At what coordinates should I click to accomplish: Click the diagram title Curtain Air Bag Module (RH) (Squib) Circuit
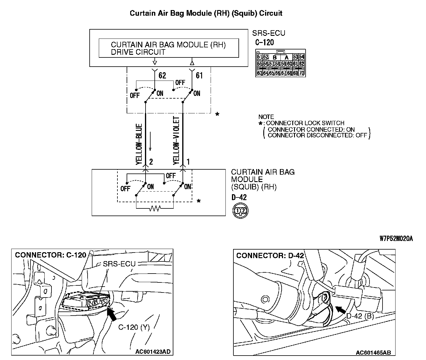click(x=206, y=13)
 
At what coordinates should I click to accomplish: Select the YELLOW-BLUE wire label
click(x=139, y=144)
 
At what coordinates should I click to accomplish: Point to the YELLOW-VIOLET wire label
click(x=176, y=140)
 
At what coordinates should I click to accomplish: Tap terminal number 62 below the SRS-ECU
click(x=162, y=75)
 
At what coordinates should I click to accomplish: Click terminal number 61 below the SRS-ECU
click(x=199, y=75)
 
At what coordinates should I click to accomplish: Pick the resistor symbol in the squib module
click(x=155, y=209)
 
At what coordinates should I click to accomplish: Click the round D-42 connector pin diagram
click(x=240, y=211)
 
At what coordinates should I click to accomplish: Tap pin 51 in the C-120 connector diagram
click(x=259, y=57)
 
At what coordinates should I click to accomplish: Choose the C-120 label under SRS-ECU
click(x=264, y=42)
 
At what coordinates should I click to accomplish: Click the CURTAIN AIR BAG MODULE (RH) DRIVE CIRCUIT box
click(x=169, y=48)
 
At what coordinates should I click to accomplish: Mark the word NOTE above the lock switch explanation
click(x=266, y=117)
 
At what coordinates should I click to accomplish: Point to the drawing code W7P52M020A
click(x=396, y=238)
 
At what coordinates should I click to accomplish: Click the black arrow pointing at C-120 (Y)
click(x=112, y=314)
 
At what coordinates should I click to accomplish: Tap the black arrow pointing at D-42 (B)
click(x=341, y=310)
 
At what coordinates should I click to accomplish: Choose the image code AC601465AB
click(x=373, y=352)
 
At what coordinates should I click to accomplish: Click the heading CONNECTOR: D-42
click(x=270, y=255)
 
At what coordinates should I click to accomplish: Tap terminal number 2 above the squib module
click(x=151, y=162)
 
